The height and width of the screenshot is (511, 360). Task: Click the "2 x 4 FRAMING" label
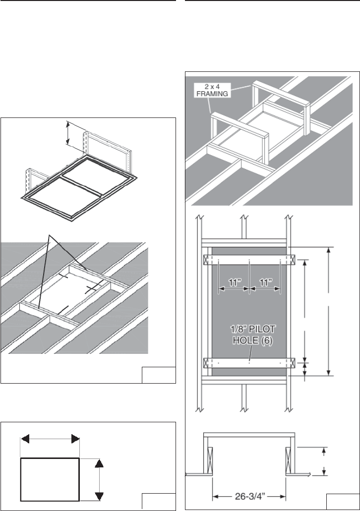coord(211,90)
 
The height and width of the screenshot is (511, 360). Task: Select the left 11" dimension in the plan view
coord(234,283)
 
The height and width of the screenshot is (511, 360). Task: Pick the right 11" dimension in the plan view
coord(265,283)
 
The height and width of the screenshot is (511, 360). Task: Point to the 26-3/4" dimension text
coord(249,497)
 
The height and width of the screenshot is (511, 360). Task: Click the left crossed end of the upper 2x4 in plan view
coord(206,260)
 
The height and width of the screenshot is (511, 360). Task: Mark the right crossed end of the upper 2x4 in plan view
coord(292,260)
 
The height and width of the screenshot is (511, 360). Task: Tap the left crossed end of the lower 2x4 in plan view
coord(206,363)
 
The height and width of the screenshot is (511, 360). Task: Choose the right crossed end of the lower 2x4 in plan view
coord(292,363)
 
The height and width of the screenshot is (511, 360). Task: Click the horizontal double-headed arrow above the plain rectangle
coord(50,439)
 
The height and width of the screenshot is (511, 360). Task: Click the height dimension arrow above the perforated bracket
coord(67,133)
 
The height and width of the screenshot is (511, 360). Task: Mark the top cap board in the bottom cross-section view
coord(249,435)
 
